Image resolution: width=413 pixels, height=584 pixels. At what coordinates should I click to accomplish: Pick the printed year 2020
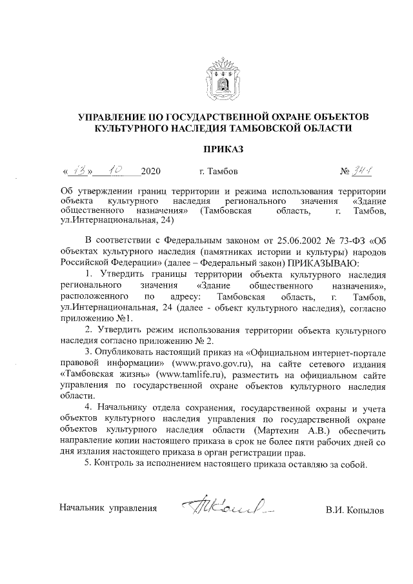point(150,172)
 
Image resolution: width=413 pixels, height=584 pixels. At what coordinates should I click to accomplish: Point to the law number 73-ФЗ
point(351,242)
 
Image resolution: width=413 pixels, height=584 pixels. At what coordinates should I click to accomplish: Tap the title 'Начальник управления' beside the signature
point(108,508)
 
